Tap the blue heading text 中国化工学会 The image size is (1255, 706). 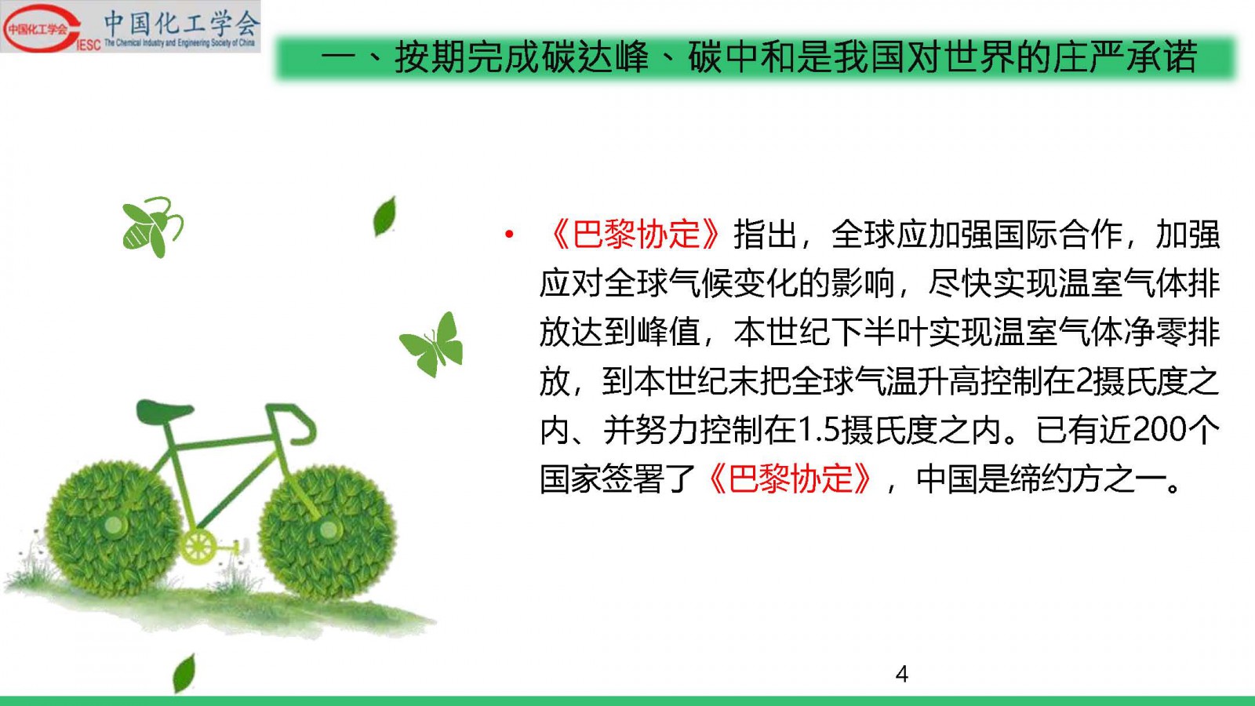pos(181,23)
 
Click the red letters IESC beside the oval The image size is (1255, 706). pos(88,45)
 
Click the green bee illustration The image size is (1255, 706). pos(152,227)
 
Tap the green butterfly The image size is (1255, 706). pos(431,344)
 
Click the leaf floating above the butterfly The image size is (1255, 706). pos(385,217)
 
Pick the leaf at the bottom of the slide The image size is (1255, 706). pos(184,673)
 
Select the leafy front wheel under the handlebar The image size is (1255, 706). pos(328,529)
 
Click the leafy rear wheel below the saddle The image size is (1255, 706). pos(114,526)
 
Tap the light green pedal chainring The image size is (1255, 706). pos(198,546)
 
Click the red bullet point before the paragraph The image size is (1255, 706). pos(509,235)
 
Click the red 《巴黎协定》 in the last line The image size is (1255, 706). pos(790,479)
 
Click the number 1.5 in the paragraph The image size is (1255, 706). pos(817,431)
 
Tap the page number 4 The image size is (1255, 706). pos(902,674)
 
